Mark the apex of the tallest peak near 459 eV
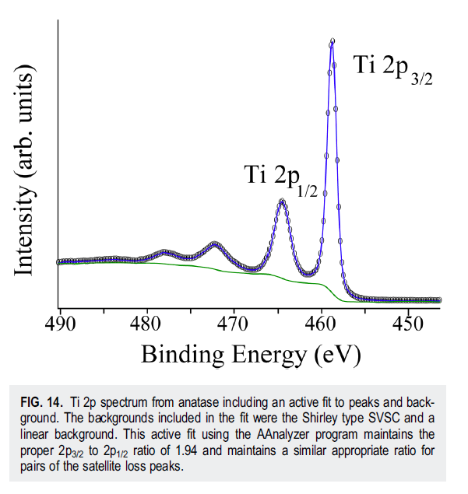(x=333, y=41)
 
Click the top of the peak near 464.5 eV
(x=282, y=201)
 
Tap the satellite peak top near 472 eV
(x=215, y=245)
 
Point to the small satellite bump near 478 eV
(x=165, y=252)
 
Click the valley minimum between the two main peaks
(x=309, y=273)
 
